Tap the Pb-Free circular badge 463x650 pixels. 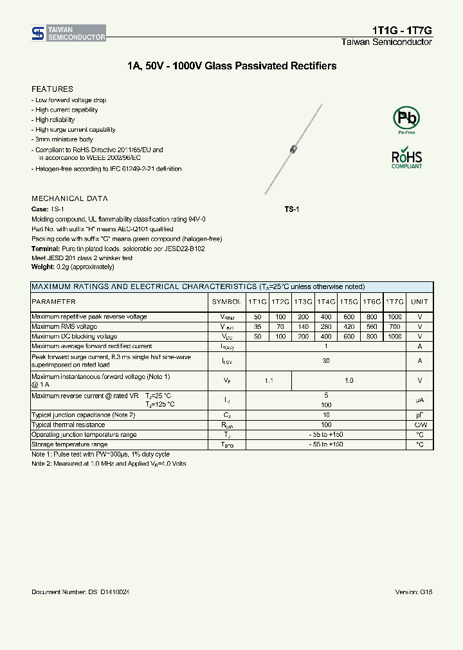tap(406, 119)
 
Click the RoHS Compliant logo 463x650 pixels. tap(406, 159)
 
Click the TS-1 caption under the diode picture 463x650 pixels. tap(292, 210)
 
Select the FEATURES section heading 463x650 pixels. tap(52, 89)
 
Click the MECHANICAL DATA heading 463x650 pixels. tap(69, 198)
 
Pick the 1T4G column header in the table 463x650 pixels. tap(326, 301)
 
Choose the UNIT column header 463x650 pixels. tap(419, 301)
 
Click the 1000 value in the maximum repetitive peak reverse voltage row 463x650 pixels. tap(394, 317)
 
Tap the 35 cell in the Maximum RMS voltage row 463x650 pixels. tap(257, 327)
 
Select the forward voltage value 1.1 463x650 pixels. tap(269, 381)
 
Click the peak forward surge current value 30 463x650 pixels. tap(326, 361)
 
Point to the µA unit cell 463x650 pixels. tap(419, 400)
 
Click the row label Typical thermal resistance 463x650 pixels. tap(68, 425)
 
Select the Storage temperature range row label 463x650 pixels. tap(69, 444)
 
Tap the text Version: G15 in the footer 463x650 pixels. tap(413, 592)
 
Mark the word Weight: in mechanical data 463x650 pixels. tap(42, 267)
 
